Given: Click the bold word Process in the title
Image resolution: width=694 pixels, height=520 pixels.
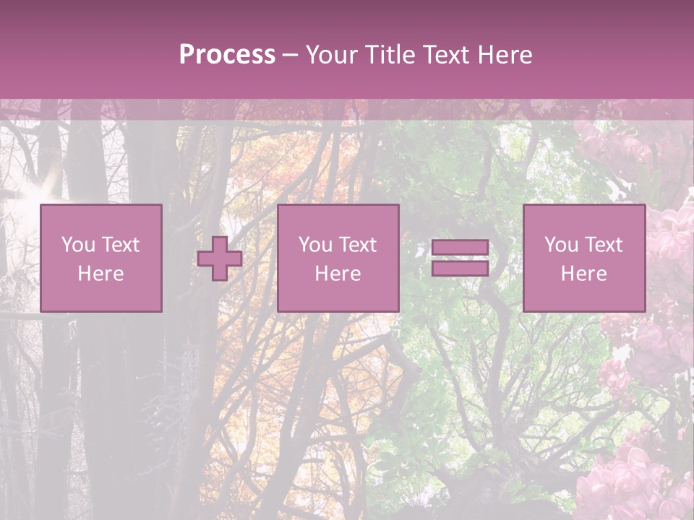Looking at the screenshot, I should (x=227, y=55).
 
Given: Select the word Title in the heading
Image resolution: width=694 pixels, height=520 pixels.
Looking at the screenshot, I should (x=391, y=55).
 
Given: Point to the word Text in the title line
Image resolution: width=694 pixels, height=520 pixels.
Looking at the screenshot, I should (x=445, y=55).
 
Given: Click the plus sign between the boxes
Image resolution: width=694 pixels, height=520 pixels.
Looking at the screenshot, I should (x=220, y=259).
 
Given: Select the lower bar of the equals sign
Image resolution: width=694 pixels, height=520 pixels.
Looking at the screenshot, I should (x=460, y=268).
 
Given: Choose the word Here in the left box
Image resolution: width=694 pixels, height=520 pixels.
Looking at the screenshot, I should (x=100, y=274).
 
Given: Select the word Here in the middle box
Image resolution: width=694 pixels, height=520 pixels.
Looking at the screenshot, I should (x=338, y=274).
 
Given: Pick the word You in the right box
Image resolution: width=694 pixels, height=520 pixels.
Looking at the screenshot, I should (x=561, y=245).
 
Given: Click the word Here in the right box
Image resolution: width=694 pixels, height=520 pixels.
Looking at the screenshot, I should (x=583, y=274).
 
